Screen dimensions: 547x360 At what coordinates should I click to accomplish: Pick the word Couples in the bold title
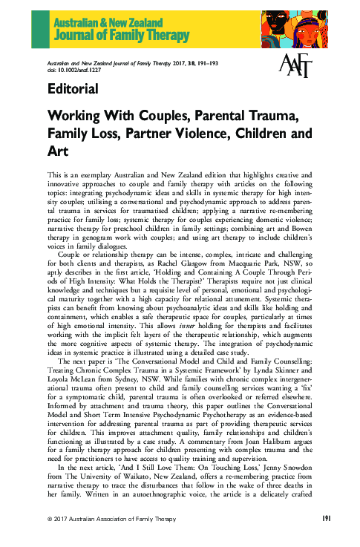(x=145, y=117)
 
